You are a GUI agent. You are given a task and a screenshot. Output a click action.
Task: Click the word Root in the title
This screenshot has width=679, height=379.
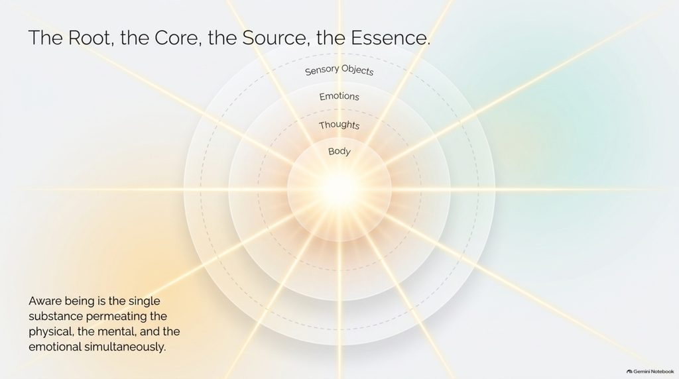click(x=90, y=38)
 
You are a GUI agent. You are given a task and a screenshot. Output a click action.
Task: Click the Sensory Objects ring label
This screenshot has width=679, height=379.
click(x=339, y=70)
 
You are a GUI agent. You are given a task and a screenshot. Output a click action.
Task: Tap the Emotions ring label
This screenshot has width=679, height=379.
click(x=339, y=96)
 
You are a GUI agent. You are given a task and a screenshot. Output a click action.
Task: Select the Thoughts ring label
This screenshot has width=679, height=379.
click(x=339, y=125)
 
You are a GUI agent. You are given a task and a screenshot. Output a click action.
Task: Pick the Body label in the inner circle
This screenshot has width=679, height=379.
click(x=339, y=152)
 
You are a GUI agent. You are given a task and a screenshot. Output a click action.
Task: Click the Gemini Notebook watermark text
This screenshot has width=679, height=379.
click(x=653, y=372)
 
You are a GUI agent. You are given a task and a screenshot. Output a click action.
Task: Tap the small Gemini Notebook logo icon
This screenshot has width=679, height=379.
click(x=629, y=372)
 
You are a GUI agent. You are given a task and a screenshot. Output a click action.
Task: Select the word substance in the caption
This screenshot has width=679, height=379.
click(x=56, y=316)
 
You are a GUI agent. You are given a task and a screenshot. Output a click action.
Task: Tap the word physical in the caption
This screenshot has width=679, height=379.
click(x=50, y=332)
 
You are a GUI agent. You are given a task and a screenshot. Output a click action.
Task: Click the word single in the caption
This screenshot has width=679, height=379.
click(x=144, y=301)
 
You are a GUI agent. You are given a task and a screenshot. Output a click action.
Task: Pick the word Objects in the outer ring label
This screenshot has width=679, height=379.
click(x=357, y=70)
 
